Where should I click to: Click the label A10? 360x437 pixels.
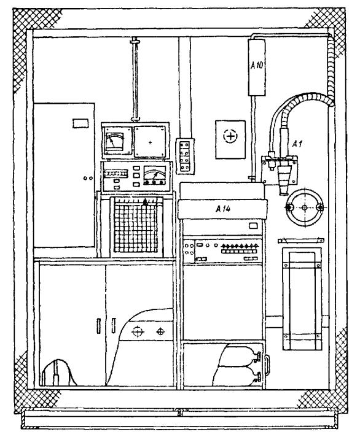257,66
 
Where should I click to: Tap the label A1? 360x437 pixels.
297,144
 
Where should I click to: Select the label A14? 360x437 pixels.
223,209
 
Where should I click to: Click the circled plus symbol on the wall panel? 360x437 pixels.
230,136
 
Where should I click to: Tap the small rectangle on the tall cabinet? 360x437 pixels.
80,123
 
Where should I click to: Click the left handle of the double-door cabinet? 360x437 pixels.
98,326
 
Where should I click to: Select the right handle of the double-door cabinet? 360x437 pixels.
114,325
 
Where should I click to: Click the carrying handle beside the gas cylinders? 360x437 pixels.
267,364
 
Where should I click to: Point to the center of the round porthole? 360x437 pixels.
305,207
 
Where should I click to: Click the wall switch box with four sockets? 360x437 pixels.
185,156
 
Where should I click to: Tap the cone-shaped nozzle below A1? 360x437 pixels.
284,179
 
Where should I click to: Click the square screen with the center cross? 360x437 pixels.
150,142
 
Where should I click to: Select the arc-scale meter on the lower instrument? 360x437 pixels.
154,176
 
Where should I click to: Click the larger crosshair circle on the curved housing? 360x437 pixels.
138,331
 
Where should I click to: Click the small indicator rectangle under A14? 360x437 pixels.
253,225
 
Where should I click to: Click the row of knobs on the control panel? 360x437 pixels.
240,246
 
